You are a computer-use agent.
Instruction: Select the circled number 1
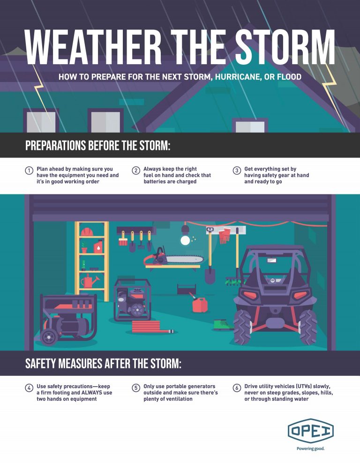pyautogui.click(x=29, y=171)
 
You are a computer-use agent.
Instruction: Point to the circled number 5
pyautogui.click(x=136, y=388)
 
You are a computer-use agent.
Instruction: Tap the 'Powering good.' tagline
pyautogui.click(x=311, y=448)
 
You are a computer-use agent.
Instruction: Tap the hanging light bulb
pyautogui.click(x=186, y=240)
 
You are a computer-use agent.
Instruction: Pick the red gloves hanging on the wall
pyautogui.click(x=225, y=235)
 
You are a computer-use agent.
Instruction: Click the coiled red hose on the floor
pyautogui.click(x=150, y=327)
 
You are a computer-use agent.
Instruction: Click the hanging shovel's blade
pyautogui.click(x=210, y=275)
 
